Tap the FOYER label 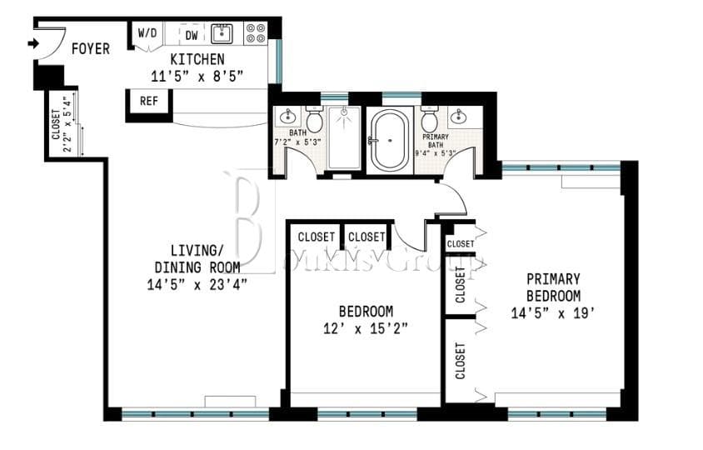(90, 49)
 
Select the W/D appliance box (147, 34)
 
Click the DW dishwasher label (191, 35)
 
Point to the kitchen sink (222, 33)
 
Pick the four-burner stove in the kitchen (256, 32)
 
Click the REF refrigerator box (149, 102)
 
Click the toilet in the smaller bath (315, 122)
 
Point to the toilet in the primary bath (430, 122)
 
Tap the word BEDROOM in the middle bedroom (366, 312)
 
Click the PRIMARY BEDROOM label (553, 287)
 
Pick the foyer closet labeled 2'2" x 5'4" (62, 125)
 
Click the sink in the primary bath (461, 116)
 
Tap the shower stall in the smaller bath (343, 138)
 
